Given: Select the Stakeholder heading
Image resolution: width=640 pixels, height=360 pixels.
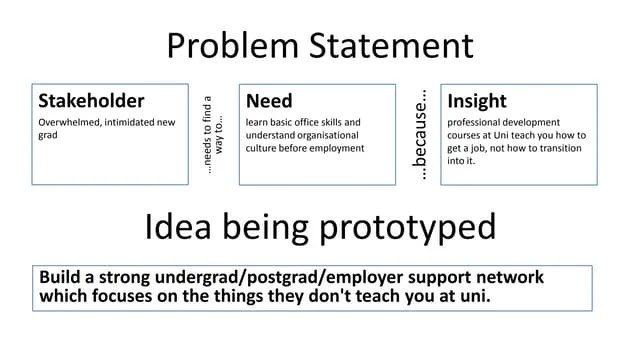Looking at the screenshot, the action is [x=91, y=101].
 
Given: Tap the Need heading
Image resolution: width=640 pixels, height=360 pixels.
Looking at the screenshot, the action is [x=269, y=101].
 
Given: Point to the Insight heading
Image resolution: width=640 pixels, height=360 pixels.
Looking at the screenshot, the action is [x=477, y=101].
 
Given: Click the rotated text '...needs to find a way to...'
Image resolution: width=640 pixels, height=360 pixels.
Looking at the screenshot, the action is [x=213, y=134].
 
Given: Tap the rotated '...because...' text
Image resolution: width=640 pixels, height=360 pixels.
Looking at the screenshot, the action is [x=422, y=136].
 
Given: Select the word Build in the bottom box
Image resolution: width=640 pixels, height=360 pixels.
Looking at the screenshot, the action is [x=60, y=277].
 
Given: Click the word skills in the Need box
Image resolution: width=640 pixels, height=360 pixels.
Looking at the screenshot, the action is [x=343, y=122].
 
